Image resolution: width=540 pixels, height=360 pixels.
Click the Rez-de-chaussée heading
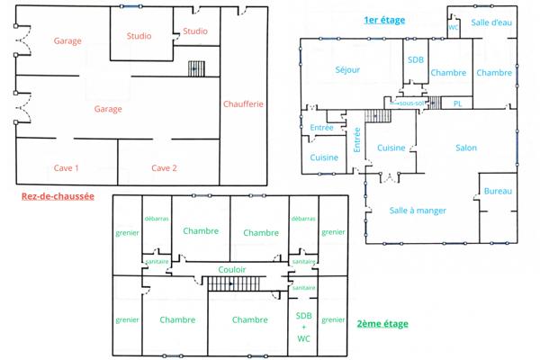pyautogui.click(x=56, y=195)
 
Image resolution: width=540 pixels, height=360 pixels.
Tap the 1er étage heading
pyautogui.click(x=383, y=19)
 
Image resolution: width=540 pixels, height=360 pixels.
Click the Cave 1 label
pyautogui.click(x=66, y=168)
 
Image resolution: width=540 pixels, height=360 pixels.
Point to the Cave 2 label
pyautogui.click(x=164, y=168)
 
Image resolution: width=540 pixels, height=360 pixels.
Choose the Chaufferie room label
pyautogui.click(x=243, y=104)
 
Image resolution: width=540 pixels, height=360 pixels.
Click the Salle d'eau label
pyautogui.click(x=490, y=22)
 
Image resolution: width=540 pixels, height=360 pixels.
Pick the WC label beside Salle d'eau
pyautogui.click(x=454, y=28)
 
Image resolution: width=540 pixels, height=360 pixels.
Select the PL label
pyautogui.click(x=457, y=103)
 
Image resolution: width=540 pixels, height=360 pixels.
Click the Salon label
pyautogui.click(x=466, y=148)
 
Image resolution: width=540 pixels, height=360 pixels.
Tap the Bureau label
pyautogui.click(x=498, y=192)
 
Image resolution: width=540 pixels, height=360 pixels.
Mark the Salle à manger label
pyautogui.click(x=418, y=211)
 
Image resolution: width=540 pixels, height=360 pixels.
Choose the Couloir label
pyautogui.click(x=232, y=269)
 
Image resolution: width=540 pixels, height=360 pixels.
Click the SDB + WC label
pyautogui.click(x=303, y=327)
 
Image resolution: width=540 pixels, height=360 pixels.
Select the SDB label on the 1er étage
pyautogui.click(x=415, y=60)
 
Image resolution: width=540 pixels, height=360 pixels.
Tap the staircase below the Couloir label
pyautogui.click(x=233, y=284)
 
